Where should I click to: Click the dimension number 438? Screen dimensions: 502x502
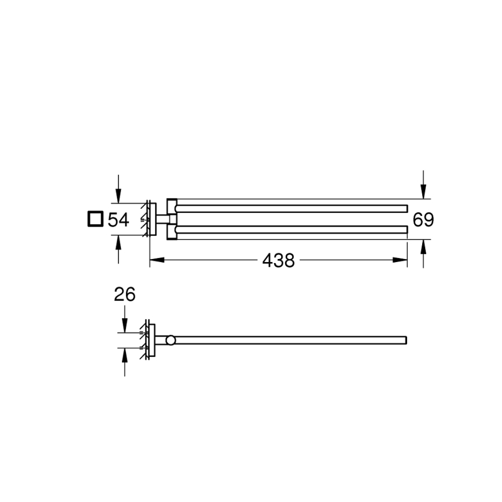[x=278, y=261]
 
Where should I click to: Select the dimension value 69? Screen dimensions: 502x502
[x=423, y=220]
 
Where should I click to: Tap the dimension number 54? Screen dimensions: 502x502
[x=118, y=220]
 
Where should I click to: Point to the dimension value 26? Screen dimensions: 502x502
[x=124, y=295]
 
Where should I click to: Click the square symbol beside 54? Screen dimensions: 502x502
[x=94, y=219]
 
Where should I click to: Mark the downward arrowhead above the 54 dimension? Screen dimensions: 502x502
[x=119, y=197]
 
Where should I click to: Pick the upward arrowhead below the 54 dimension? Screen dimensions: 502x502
[x=119, y=242]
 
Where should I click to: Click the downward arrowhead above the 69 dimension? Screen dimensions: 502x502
[x=423, y=192]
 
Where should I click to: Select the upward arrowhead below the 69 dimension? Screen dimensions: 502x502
[x=423, y=246]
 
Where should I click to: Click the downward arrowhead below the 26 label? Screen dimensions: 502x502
[x=124, y=326]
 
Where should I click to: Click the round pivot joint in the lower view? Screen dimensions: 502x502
[x=171, y=340]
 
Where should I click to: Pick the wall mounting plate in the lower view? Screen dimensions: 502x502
[x=152, y=340]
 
